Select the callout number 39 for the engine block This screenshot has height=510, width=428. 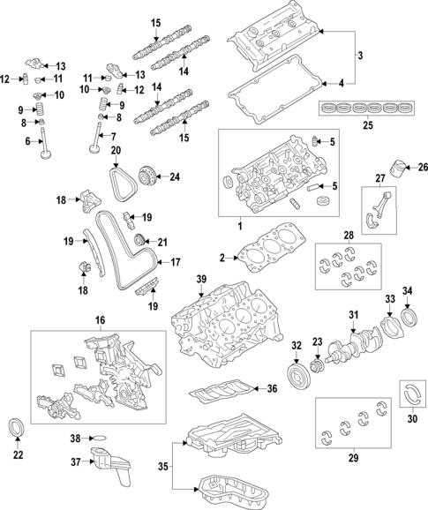tap(201, 281)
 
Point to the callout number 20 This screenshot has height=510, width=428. tap(116, 151)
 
